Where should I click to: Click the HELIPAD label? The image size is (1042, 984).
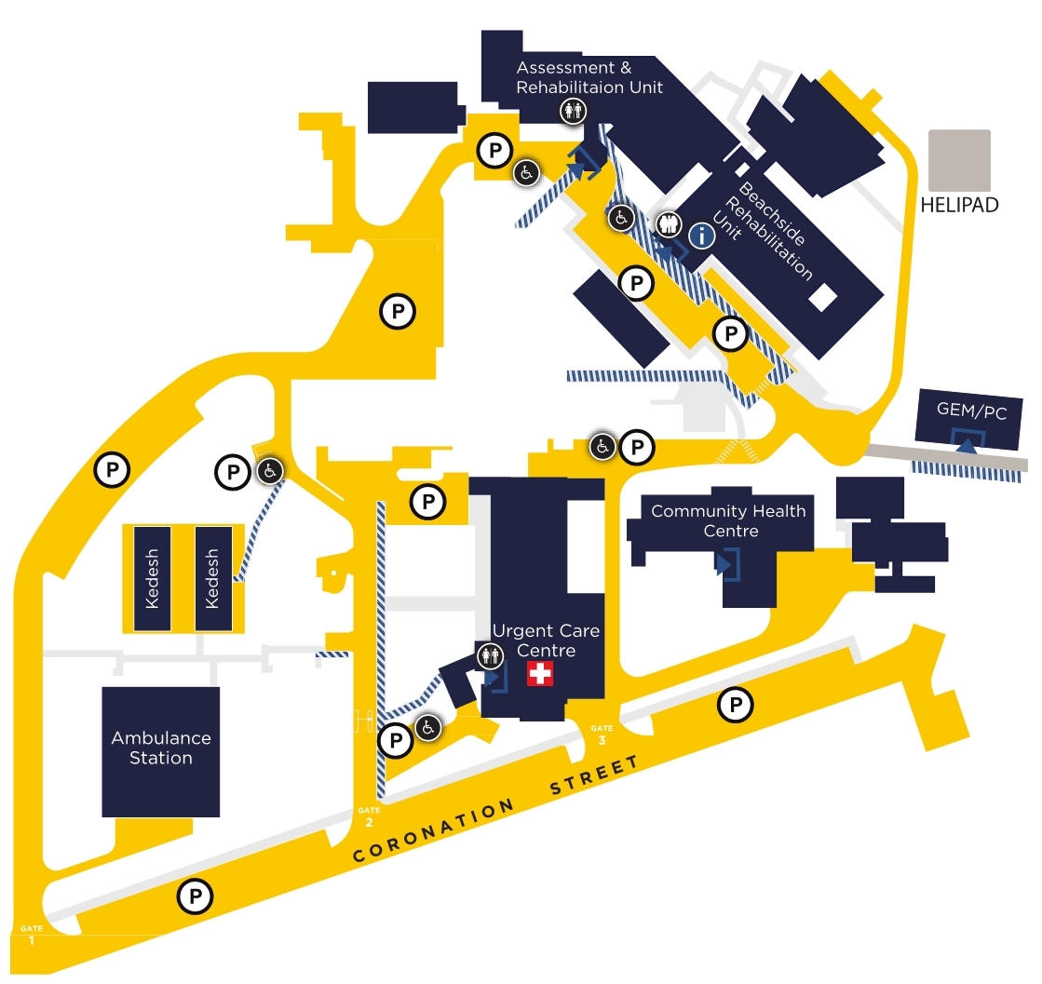coord(958,205)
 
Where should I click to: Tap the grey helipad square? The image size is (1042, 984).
coord(958,161)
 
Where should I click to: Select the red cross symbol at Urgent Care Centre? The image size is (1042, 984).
coord(540,674)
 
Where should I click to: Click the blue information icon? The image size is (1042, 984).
coord(700,236)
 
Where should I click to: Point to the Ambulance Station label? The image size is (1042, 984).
coord(161,748)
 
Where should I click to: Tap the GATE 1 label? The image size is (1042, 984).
coord(32,935)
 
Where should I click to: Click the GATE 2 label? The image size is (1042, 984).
coord(369,816)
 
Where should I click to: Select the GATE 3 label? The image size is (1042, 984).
coord(602,734)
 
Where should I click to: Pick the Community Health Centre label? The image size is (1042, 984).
coord(728,520)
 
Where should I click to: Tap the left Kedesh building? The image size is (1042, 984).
coord(153,578)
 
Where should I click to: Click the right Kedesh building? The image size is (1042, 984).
coord(211,578)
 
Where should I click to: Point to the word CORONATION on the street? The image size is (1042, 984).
coord(433,830)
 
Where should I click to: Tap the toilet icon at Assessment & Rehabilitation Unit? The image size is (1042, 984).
coord(572,112)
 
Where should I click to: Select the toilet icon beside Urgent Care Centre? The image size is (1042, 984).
coord(490,656)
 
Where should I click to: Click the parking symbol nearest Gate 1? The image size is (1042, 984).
coord(196,897)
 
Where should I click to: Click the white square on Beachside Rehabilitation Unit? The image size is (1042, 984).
coord(822,298)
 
